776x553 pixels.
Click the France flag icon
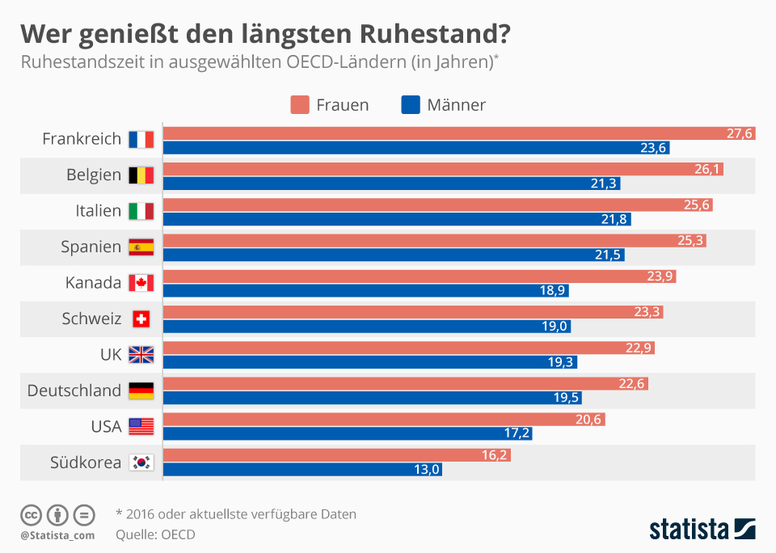tap(141, 139)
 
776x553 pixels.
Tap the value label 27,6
tap(739, 133)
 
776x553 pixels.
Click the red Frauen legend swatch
tap(300, 105)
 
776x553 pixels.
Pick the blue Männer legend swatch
tap(411, 105)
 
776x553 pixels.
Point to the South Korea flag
tap(141, 462)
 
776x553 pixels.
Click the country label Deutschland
tap(74, 390)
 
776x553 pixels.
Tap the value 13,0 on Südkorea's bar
tap(425, 469)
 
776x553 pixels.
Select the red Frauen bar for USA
tap(384, 420)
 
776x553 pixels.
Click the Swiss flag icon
tap(141, 319)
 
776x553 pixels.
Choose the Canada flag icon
tap(141, 283)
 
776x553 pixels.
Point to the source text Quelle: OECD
tap(155, 534)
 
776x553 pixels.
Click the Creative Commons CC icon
tap(31, 514)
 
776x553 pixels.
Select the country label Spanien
tap(91, 247)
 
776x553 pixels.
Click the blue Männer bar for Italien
tap(396, 219)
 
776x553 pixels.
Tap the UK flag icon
tap(141, 354)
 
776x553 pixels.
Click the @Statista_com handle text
tap(57, 535)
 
